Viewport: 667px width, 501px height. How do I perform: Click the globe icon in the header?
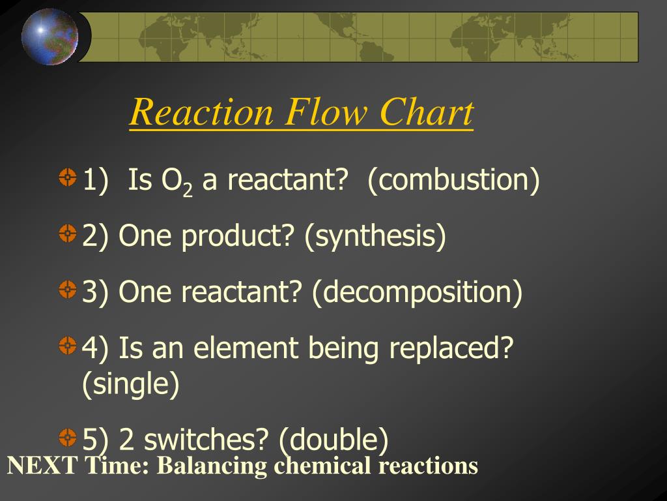(50, 37)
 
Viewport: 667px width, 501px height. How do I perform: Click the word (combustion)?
(453, 179)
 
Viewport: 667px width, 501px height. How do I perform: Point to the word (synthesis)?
(375, 235)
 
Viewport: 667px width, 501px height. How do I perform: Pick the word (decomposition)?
(417, 292)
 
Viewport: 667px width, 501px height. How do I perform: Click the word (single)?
(130, 384)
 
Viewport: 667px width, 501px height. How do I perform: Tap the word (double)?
(333, 440)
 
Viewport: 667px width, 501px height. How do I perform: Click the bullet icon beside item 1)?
(68, 177)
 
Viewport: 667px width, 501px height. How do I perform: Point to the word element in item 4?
(250, 348)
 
